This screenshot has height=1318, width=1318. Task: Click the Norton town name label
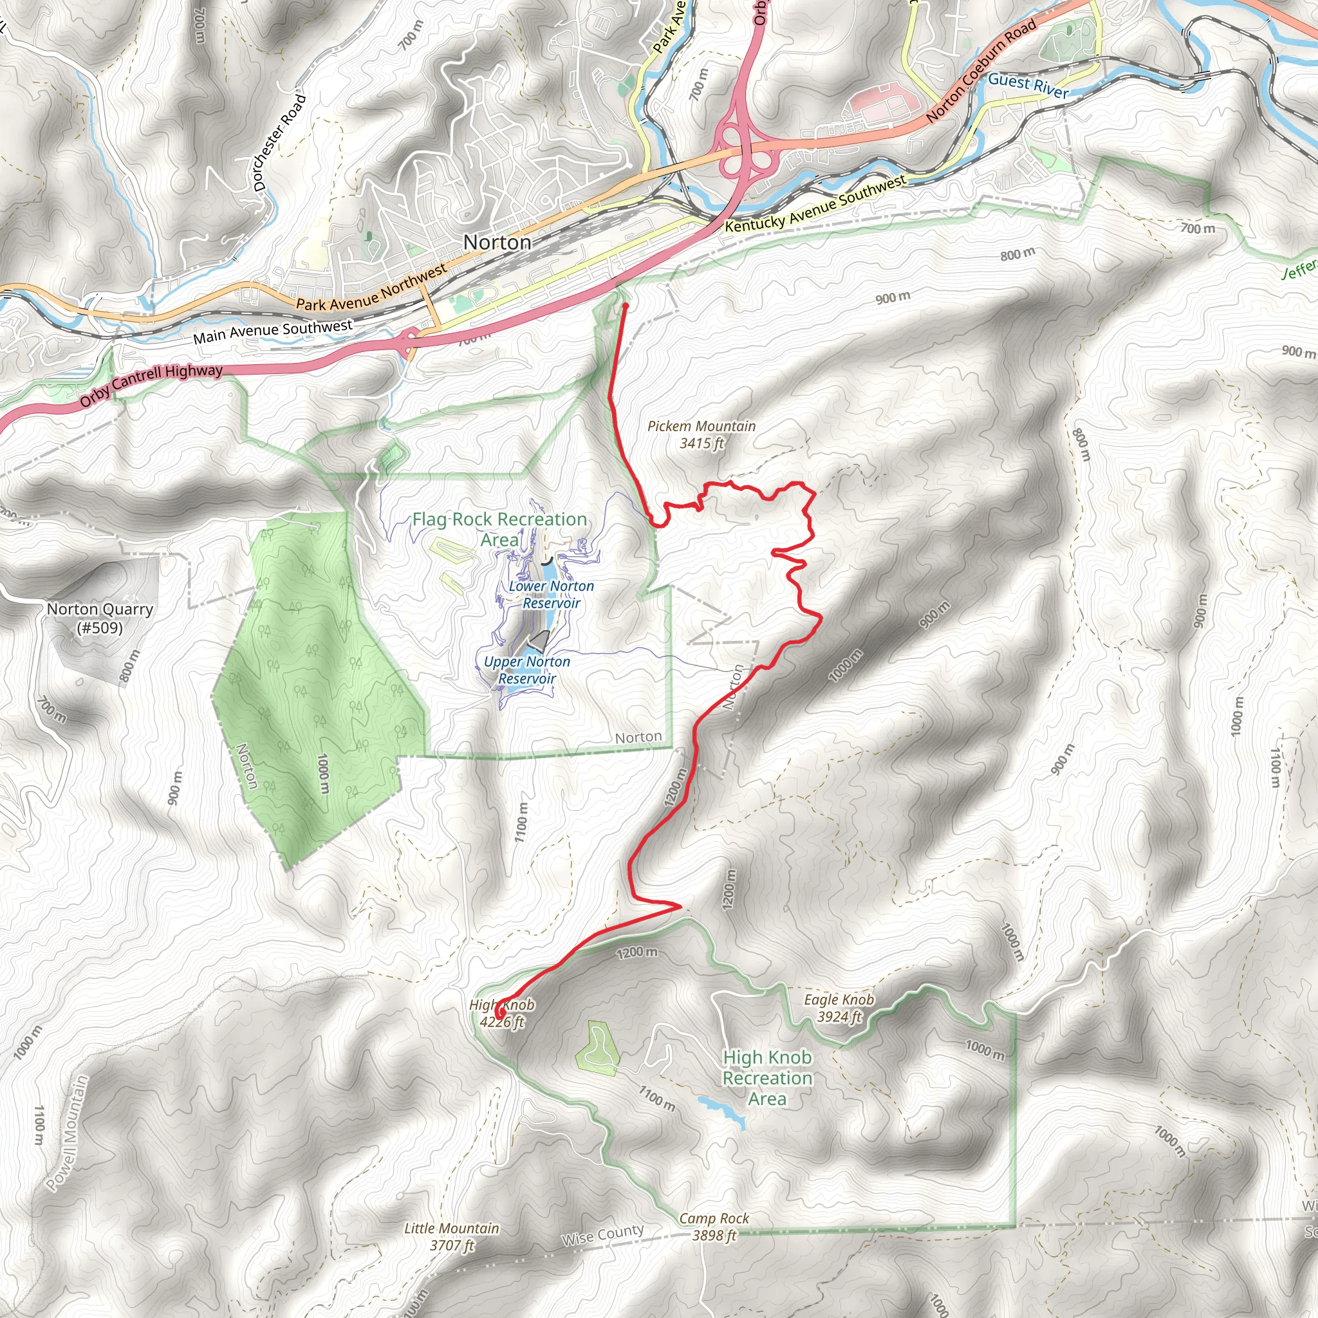497,242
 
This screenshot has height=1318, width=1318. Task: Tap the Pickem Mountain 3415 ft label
701,434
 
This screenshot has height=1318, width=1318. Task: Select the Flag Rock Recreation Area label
499,530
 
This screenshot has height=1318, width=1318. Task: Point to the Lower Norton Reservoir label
552,594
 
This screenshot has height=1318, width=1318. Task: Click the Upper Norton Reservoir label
526,670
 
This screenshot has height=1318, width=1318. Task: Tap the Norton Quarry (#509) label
100,618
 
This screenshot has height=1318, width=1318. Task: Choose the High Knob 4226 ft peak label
501,1013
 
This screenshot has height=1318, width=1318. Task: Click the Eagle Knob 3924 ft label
839,1008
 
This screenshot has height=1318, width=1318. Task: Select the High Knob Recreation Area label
768,1078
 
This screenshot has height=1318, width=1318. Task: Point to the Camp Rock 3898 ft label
714,1227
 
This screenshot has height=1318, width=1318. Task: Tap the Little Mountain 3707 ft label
452,1236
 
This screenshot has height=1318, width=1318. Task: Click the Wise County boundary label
602,1235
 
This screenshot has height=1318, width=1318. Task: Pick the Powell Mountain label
68,1133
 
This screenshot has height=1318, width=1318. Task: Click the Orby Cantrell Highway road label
151,385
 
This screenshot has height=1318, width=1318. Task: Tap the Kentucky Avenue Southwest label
815,203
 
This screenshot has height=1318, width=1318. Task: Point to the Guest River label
1028,86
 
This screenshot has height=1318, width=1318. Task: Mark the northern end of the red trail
625,306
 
